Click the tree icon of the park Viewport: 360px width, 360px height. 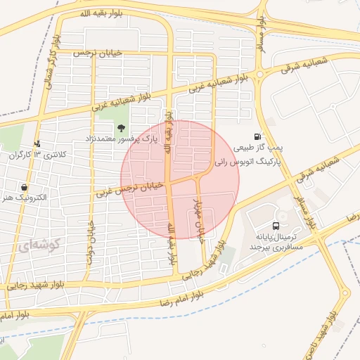coord(122,128)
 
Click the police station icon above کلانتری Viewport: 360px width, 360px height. coord(37,143)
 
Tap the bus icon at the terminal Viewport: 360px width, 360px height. coord(275,226)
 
